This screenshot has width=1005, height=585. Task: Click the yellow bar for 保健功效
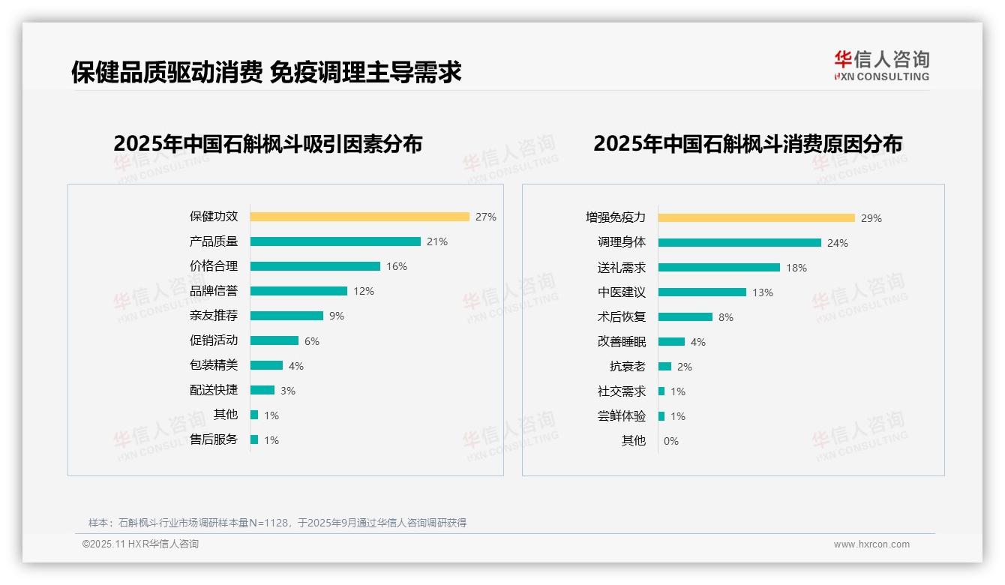359,217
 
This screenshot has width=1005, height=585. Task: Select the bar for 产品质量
335,241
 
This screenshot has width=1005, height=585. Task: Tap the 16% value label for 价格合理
397,266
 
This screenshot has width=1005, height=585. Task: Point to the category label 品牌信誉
214,291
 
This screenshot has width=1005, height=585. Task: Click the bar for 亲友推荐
286,316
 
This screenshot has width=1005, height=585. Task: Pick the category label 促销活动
214,340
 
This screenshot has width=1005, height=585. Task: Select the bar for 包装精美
266,365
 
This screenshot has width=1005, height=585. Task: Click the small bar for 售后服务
254,439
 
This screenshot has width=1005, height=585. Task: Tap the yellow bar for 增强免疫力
757,218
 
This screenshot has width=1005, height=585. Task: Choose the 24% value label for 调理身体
838,243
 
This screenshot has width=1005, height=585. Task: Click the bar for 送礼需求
719,268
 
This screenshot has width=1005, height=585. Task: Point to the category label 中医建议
622,292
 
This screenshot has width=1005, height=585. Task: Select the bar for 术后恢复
685,317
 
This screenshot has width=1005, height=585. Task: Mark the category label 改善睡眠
622,342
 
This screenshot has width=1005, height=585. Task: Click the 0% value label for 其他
671,441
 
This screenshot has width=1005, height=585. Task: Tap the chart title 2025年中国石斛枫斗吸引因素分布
268,144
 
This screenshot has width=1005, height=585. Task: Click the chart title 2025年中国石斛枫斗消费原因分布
748,144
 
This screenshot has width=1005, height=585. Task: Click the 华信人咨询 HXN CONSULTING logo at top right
881,66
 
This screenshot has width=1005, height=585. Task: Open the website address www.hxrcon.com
871,544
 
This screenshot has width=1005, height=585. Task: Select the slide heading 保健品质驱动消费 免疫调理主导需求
266,72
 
